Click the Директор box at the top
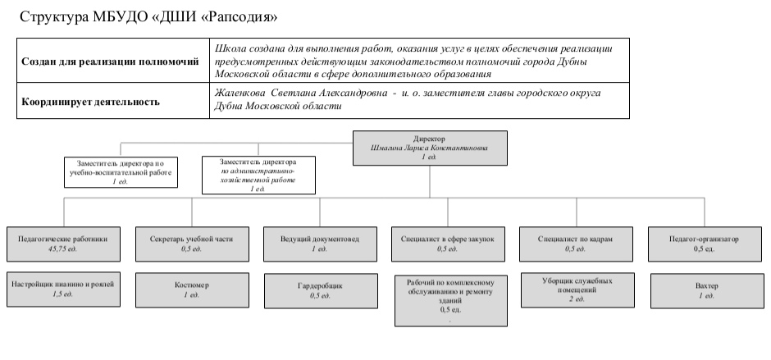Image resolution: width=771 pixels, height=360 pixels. click(x=429, y=147)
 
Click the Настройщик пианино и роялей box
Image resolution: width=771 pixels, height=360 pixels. click(x=63, y=289)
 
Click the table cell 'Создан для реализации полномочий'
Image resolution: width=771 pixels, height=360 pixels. click(x=110, y=61)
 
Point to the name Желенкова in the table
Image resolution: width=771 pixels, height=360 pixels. click(x=237, y=93)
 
